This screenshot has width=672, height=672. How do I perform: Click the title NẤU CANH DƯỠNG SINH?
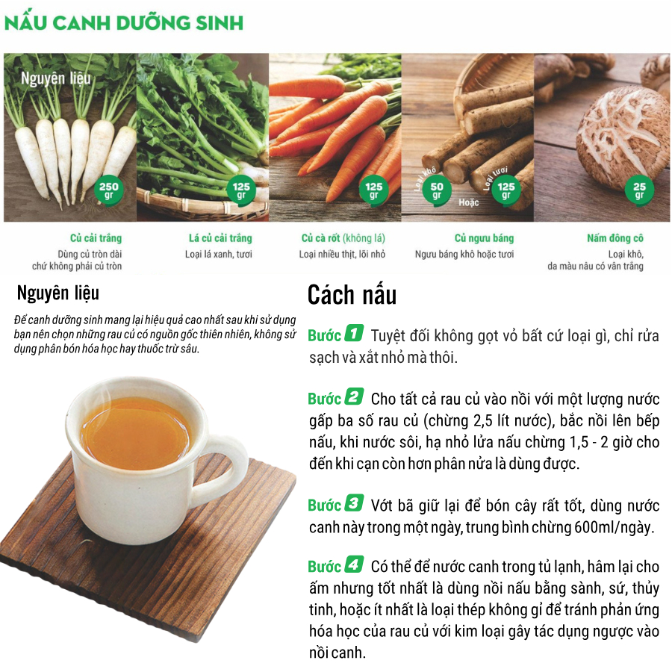coord(124,22)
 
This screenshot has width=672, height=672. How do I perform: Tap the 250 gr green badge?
coord(109,190)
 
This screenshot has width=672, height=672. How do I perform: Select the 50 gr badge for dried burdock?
coord(437,190)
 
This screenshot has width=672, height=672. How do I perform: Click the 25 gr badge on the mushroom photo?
coord(639,190)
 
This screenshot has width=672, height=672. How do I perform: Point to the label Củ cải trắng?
coord(96,238)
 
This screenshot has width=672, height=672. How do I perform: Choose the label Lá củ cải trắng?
coord(220,238)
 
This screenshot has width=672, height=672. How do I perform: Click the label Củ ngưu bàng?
coord(485,238)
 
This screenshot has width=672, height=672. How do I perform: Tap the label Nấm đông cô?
coord(615,238)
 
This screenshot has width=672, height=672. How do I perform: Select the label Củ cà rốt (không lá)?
coord(343,238)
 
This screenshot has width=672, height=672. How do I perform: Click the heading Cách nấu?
coord(352,295)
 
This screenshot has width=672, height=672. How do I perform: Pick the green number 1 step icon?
coord(354,333)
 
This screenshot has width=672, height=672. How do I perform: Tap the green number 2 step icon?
coord(354,396)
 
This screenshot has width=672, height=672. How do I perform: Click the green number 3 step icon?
coord(354,503)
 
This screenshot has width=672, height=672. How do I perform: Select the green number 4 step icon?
coord(354,564)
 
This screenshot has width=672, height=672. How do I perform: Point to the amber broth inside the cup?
coord(135,433)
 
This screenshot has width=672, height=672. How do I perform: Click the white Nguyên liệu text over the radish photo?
coord(56,78)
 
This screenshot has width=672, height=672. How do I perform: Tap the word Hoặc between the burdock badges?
coord(469,202)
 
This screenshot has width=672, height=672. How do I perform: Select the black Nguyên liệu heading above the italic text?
coord(57,293)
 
